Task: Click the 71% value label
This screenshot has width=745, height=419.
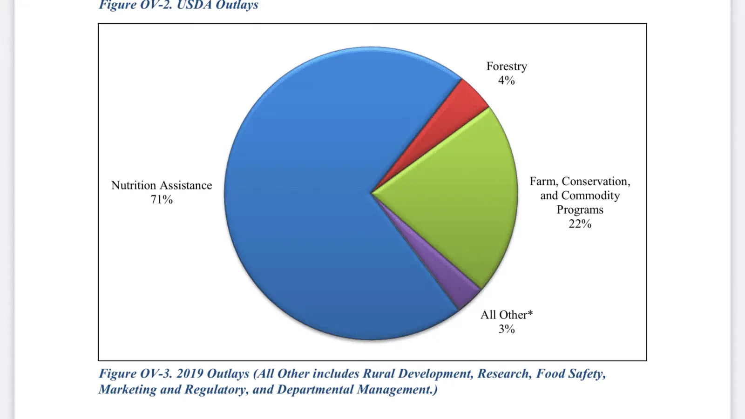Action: pos(162,200)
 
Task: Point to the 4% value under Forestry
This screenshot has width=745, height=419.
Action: pos(507,81)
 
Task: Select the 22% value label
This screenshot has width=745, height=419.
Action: pos(580,224)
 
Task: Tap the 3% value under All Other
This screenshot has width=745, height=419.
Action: pos(507,329)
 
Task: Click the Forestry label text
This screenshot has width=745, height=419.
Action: pos(507,67)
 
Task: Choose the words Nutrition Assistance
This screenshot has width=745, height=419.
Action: pos(162,185)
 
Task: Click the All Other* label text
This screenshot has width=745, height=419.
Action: pos(507,315)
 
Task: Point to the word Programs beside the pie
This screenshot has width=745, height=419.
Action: pos(580,210)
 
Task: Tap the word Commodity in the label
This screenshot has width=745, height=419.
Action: pos(590,196)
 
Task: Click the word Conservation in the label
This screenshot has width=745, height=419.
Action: pos(596,182)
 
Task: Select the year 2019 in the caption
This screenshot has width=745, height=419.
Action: pos(190,374)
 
